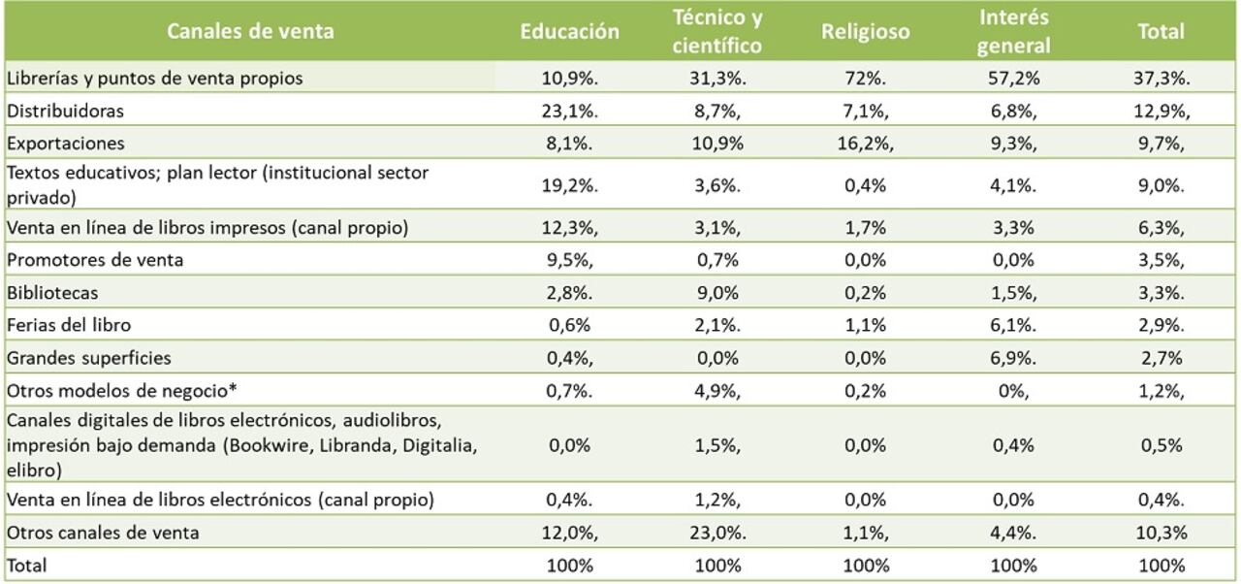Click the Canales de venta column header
point(250,31)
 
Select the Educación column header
point(569,31)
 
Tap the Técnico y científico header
point(717,31)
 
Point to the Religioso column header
point(866,31)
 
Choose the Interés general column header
point(1013,31)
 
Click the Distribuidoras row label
point(66,111)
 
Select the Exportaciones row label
point(66,143)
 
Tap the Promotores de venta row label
point(95,259)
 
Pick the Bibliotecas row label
point(52,292)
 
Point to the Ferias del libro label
point(69,325)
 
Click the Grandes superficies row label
point(89,358)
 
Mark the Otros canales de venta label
point(103,533)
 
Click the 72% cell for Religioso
point(866,79)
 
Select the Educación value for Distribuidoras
point(569,111)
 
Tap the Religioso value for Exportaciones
point(866,143)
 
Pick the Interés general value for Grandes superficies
point(1013,358)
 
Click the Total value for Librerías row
point(1161,79)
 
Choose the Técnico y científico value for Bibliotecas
point(717,292)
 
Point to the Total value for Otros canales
point(1161,533)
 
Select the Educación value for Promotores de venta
point(569,259)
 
